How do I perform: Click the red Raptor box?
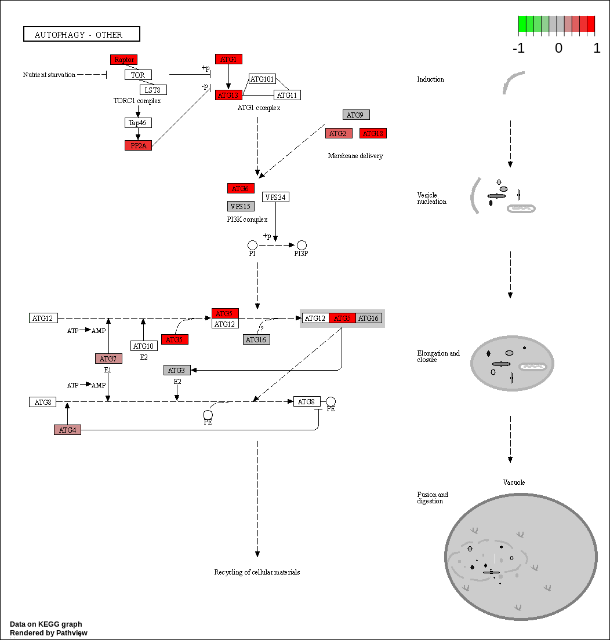click(124, 60)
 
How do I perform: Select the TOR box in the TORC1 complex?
click(138, 75)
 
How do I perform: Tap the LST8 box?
click(154, 90)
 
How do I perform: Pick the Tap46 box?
click(138, 123)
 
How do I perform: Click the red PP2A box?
click(138, 145)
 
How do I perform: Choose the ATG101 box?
click(262, 79)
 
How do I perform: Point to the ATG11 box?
click(287, 95)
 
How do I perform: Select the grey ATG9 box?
click(356, 115)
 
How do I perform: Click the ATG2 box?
click(339, 134)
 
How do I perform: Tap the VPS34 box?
click(275, 197)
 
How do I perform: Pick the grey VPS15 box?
click(241, 206)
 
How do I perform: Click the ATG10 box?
click(144, 346)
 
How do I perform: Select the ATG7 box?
click(108, 359)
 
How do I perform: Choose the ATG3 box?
click(177, 370)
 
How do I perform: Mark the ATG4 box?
click(67, 430)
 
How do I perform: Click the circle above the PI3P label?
click(302, 246)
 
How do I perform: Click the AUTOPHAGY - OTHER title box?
click(81, 34)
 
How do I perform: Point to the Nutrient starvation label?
click(49, 75)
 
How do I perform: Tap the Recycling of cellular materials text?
click(257, 572)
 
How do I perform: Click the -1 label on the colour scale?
click(518, 49)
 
